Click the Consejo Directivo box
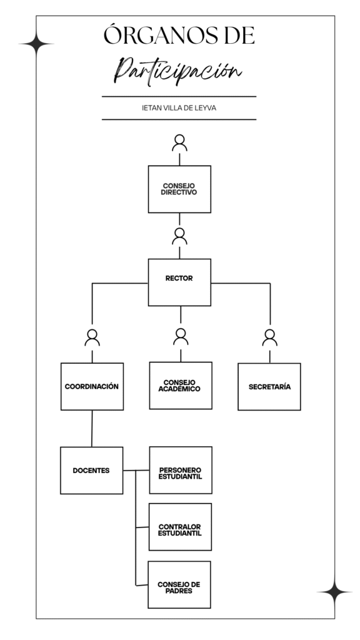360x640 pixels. pos(179,189)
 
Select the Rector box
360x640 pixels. pos(179,282)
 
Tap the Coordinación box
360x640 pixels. pos(92,386)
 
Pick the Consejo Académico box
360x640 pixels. pos(181,385)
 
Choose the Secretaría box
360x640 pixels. pos(269,386)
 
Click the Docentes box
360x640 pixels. pos(92,470)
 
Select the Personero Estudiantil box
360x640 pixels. pos(181,470)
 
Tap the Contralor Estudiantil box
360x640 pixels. pos(181,526)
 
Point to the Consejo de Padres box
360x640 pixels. pos(179,584)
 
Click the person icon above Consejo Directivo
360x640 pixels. pos(179,143)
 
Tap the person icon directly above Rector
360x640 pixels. pos(179,236)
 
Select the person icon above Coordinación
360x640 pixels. pos(92,337)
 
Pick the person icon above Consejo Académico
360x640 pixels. pos(181,337)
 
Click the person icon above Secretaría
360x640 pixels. pos(270,337)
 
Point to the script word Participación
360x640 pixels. pos(178,71)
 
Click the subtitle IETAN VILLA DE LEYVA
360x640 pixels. pos(179,108)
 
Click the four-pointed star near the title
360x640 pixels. pos(36,44)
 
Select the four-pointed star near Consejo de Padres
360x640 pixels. pos(335,591)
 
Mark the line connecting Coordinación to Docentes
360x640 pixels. pos(92,429)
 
